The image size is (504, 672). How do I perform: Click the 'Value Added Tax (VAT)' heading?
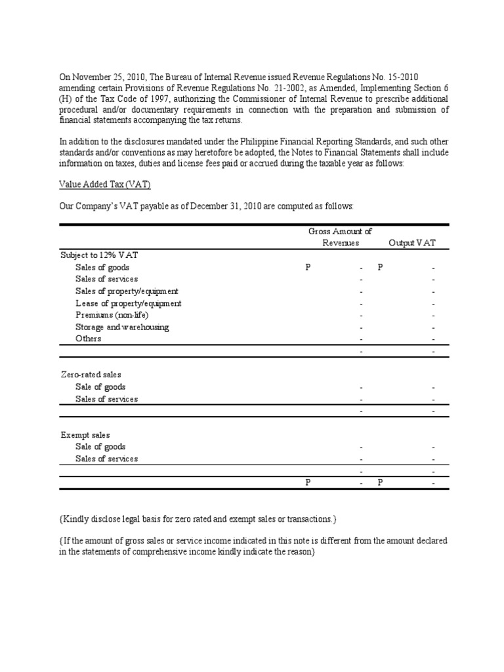click(105, 184)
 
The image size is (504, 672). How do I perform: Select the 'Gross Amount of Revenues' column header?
click(340, 237)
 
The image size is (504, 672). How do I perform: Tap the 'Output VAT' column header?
click(411, 243)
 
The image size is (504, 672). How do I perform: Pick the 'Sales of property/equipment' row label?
click(127, 291)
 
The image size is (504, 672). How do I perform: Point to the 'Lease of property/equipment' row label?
click(128, 303)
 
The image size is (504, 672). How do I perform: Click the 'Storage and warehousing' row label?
click(122, 327)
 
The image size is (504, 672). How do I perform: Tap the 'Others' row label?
click(89, 339)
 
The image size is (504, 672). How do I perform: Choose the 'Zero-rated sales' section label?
click(91, 374)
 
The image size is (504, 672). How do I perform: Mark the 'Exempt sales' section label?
click(85, 434)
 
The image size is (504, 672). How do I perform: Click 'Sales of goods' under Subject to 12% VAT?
click(102, 267)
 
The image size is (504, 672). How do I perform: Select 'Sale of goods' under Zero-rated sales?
click(100, 387)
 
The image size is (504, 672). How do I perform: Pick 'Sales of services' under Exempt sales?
click(106, 459)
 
